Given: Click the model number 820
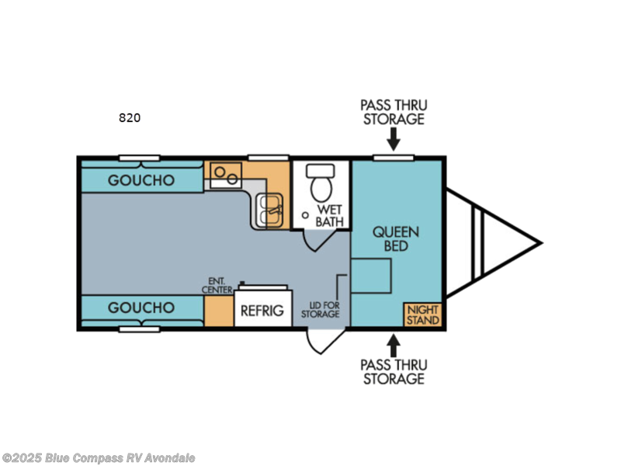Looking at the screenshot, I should (x=130, y=118).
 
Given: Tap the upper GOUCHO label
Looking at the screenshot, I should (x=141, y=180).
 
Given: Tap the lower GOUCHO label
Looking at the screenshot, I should (x=141, y=308).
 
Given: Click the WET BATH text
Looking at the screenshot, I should (x=330, y=216).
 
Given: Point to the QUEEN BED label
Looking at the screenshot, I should (x=396, y=238).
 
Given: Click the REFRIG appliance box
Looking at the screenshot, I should (x=259, y=311).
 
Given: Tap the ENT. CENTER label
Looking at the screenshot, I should (x=218, y=285).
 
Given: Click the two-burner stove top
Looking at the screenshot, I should (x=226, y=173).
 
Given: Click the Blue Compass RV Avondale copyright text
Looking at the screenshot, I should (x=99, y=458).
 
